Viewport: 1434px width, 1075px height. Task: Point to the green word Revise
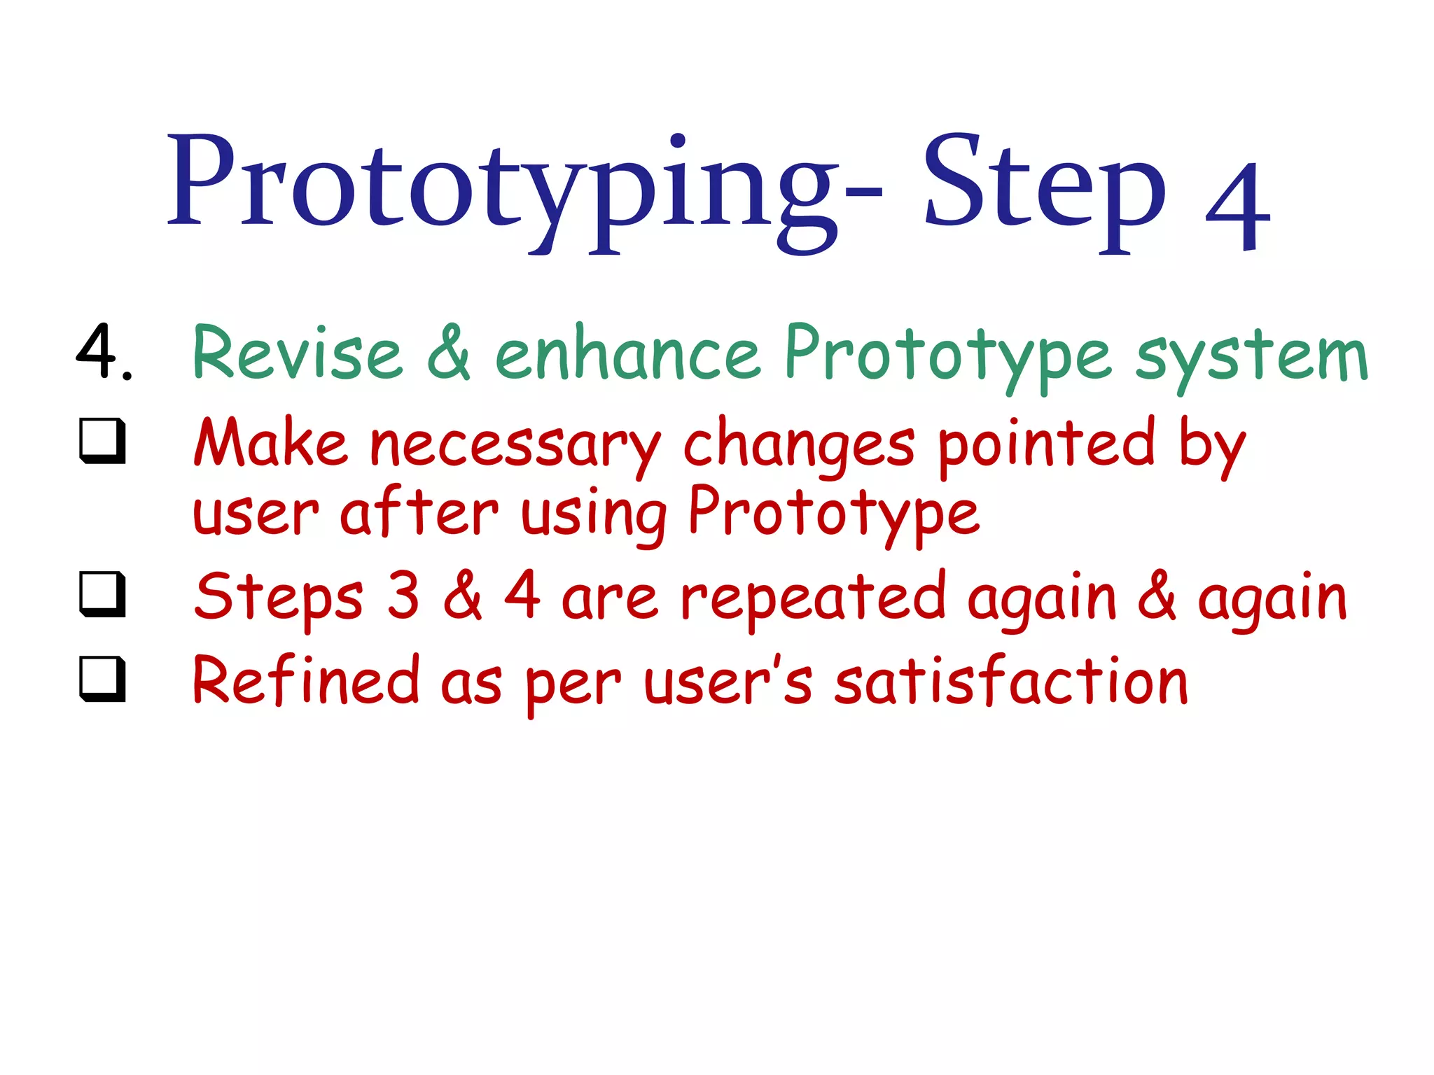(297, 354)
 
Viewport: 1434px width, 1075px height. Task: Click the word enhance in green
(627, 354)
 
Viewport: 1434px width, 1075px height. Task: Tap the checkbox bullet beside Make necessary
(103, 441)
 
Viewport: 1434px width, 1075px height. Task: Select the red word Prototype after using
(833, 514)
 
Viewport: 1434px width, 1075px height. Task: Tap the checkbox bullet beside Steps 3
(103, 595)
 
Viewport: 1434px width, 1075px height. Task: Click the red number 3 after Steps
(403, 596)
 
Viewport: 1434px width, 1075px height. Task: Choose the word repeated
(814, 599)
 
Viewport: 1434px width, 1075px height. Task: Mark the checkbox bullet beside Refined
(103, 679)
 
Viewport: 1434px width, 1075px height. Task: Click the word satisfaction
(1011, 682)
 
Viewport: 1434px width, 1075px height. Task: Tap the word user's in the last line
(728, 683)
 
